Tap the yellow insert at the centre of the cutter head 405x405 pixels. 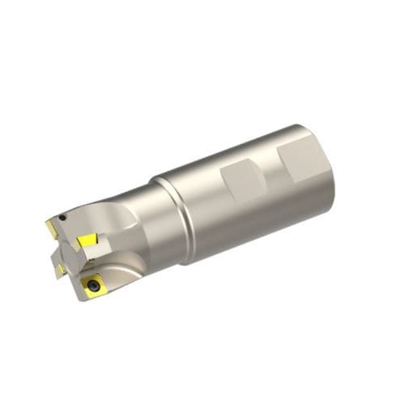[87, 241]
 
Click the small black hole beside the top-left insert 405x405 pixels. [62, 217]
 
